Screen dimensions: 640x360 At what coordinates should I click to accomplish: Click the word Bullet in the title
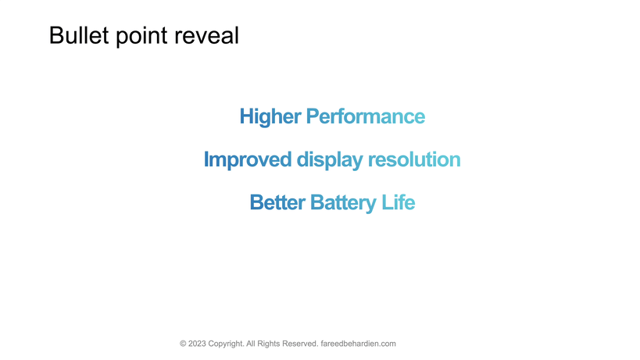(x=79, y=35)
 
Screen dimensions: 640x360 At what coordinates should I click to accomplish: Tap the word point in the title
(x=141, y=37)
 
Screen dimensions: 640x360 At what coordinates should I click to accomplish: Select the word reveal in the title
(x=206, y=35)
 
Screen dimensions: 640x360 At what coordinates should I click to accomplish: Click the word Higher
(x=270, y=116)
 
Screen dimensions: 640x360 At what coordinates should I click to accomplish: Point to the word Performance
(x=366, y=116)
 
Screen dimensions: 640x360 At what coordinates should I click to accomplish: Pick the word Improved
(x=248, y=160)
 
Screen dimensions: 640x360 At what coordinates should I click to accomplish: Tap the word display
(x=330, y=160)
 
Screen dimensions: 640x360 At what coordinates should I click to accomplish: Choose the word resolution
(x=414, y=159)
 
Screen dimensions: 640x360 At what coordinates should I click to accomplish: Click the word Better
(x=277, y=202)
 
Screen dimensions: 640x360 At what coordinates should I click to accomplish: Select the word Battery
(x=343, y=203)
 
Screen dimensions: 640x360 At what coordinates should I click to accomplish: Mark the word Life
(x=398, y=202)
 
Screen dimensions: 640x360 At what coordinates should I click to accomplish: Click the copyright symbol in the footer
(x=183, y=344)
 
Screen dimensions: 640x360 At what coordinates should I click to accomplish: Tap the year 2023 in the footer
(x=197, y=344)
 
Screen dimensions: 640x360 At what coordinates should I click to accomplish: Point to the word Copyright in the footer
(x=226, y=344)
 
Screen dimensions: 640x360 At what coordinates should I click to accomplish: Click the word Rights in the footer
(x=269, y=344)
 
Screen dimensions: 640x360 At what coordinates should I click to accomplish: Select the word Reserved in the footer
(x=300, y=344)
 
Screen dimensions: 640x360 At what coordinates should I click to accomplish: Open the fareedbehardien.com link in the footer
(x=359, y=344)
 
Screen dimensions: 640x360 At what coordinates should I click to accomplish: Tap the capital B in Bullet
(x=56, y=35)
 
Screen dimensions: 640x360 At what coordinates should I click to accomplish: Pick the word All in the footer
(x=251, y=344)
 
